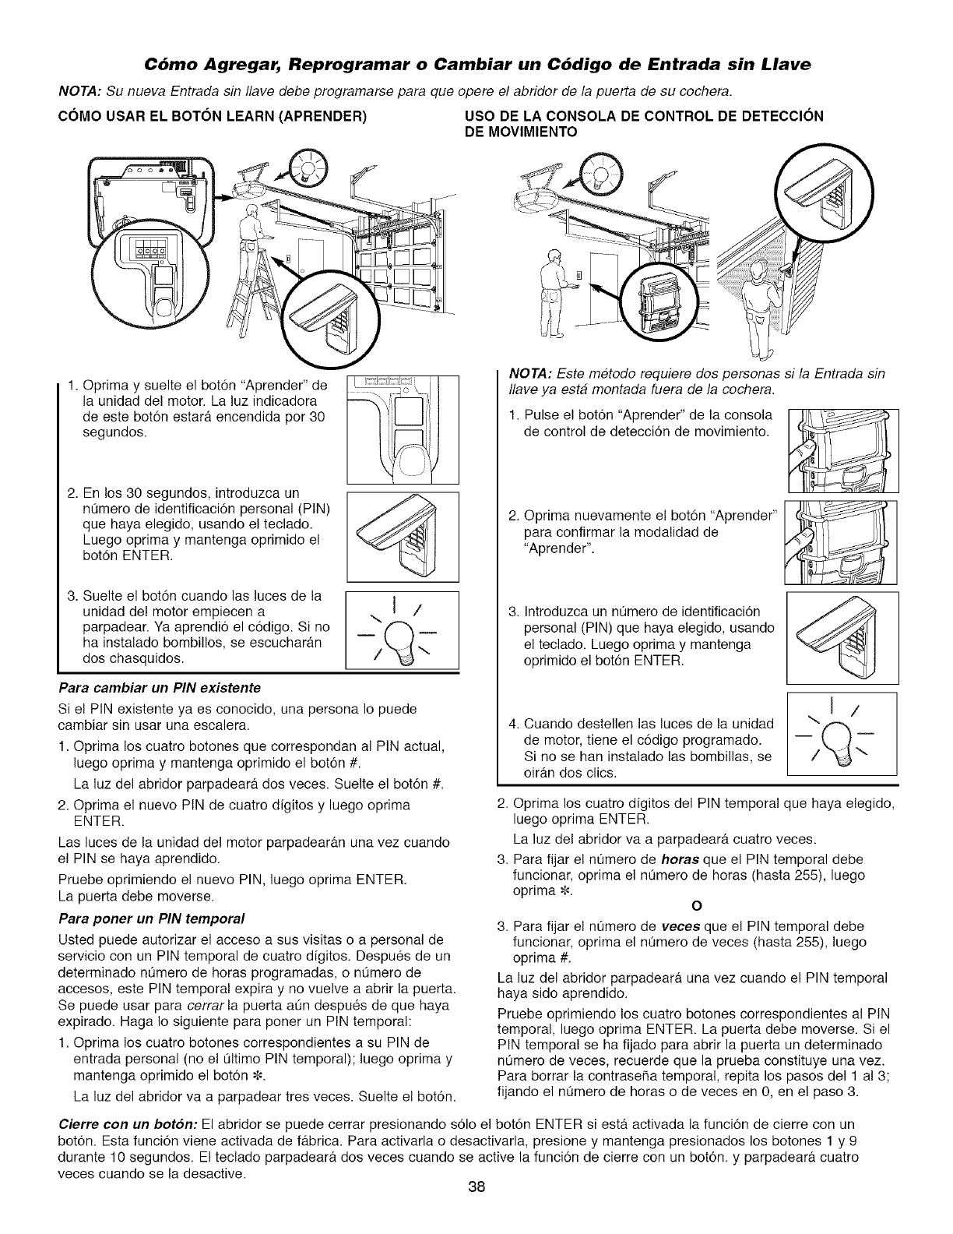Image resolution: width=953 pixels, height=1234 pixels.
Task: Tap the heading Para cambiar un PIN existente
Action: (x=160, y=688)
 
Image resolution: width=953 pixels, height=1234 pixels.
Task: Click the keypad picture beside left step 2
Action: (x=403, y=536)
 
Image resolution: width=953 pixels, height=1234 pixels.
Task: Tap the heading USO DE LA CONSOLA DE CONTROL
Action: (x=643, y=118)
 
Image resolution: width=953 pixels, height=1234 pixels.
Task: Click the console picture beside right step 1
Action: (x=842, y=450)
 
